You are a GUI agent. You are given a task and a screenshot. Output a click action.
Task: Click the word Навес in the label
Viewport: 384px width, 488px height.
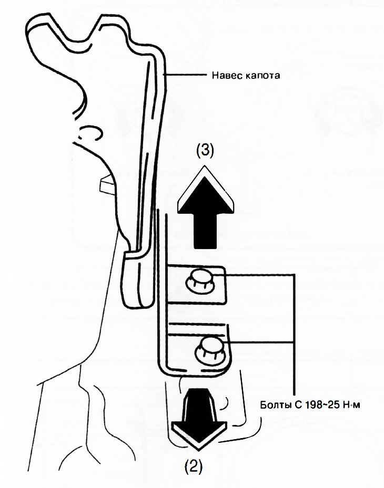coord(224,75)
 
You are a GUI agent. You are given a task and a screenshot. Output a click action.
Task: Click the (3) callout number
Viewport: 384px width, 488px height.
coord(204,151)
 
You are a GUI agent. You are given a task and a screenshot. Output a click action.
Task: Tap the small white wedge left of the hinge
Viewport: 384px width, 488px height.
coord(105,185)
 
